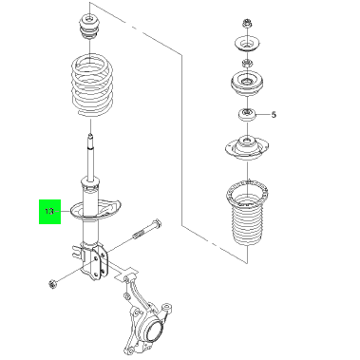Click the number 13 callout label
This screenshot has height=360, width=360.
(49, 211)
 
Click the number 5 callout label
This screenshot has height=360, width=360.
(274, 115)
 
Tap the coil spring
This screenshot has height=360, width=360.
(91, 85)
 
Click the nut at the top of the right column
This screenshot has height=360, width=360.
(247, 23)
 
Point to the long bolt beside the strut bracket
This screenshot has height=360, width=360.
(147, 230)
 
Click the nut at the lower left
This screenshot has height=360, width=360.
(51, 284)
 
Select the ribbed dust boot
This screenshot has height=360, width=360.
(247, 216)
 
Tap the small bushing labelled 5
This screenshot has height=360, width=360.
(247, 114)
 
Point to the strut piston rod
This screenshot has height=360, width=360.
(91, 157)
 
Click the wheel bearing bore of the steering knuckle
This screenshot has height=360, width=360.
(155, 330)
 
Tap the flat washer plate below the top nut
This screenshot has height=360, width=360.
(247, 44)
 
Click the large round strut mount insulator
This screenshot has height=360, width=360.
(247, 83)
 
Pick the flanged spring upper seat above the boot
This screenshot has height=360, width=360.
(247, 147)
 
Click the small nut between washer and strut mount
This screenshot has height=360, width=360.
(247, 64)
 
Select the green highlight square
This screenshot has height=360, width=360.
(49, 212)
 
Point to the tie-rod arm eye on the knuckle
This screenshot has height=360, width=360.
(166, 309)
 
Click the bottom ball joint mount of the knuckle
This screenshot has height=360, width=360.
(128, 350)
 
